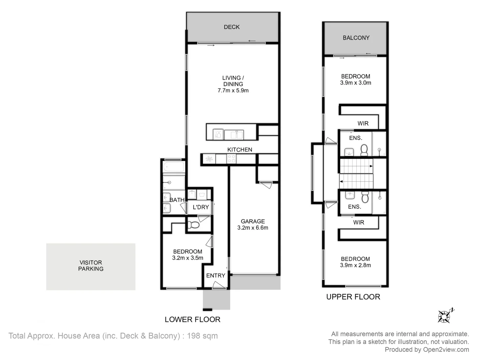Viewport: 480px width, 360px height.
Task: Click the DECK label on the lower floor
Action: pyautogui.click(x=232, y=27)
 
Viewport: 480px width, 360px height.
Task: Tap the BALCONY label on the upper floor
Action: pyautogui.click(x=356, y=38)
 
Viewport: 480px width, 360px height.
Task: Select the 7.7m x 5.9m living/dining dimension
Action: pyautogui.click(x=233, y=91)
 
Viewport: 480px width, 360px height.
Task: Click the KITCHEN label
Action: pyautogui.click(x=240, y=150)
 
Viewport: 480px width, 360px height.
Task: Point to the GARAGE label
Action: pyautogui.click(x=253, y=221)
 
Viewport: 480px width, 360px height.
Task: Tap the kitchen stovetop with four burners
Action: pyautogui.click(x=231, y=159)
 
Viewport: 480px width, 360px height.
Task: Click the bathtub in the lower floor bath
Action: pyautogui.click(x=174, y=167)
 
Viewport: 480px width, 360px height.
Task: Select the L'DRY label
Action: pyautogui.click(x=201, y=207)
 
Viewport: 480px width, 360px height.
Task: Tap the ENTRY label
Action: pyautogui.click(x=216, y=276)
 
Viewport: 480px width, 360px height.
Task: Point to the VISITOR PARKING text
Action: pyautogui.click(x=91, y=266)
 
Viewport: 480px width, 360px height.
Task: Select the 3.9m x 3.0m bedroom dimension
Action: pyautogui.click(x=355, y=83)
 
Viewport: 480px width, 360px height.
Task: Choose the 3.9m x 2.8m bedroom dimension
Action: pyautogui.click(x=355, y=265)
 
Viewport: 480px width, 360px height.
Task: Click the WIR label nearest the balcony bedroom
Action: pyautogui.click(x=363, y=123)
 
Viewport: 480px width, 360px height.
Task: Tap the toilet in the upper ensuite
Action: pyautogui.click(x=364, y=151)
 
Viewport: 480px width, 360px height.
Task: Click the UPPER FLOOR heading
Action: pyautogui.click(x=353, y=297)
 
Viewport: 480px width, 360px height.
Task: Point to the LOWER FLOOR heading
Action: pyautogui.click(x=192, y=320)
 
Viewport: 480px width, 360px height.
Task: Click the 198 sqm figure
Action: pyautogui.click(x=202, y=336)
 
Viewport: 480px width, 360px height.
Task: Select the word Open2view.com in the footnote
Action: pyautogui.click(x=446, y=350)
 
